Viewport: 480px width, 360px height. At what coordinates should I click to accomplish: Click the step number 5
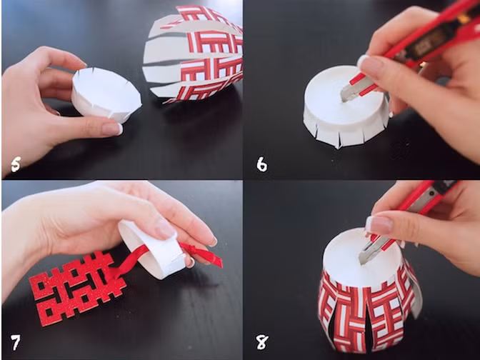[15, 165]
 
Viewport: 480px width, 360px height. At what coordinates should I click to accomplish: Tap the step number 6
[261, 165]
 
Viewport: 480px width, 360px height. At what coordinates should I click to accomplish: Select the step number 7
[15, 343]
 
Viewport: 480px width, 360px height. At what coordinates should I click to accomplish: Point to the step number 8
[262, 342]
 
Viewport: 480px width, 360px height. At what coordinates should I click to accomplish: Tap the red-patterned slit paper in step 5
[193, 54]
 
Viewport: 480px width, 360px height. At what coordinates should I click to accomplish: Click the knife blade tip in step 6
[342, 100]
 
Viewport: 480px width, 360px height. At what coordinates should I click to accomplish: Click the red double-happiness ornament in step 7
[78, 288]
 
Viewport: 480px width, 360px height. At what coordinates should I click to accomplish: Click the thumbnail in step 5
[113, 129]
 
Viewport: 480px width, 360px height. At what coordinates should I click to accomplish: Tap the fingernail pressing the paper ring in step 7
[165, 228]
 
